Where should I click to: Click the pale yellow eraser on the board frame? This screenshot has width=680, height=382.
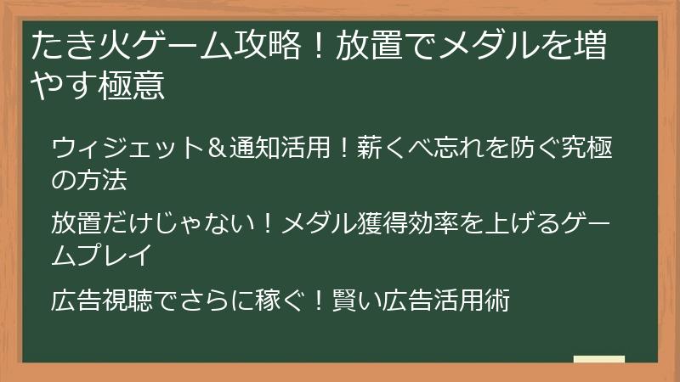599,359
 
